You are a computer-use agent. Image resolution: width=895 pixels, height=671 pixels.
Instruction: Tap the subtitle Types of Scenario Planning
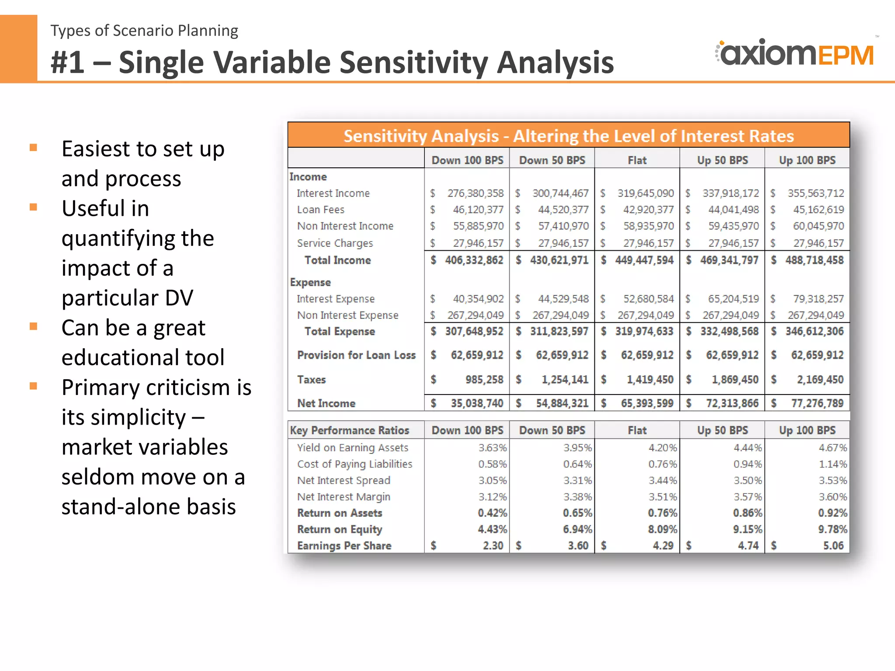coord(144,31)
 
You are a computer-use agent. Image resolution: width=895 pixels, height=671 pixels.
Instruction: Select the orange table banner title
coord(569,136)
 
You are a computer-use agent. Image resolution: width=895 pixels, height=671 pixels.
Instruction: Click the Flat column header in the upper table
coord(637,160)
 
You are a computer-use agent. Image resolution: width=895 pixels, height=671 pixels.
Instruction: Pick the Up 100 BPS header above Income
coord(807,160)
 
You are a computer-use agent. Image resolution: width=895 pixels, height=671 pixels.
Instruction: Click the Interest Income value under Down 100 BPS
coord(475,193)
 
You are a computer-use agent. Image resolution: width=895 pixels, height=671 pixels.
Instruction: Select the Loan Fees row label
coord(320,210)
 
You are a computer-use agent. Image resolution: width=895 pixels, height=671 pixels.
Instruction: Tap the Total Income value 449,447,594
coord(644,260)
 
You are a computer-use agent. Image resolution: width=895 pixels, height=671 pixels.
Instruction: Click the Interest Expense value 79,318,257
coord(818,299)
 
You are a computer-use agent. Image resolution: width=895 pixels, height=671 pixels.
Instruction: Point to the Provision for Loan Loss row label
coord(356,355)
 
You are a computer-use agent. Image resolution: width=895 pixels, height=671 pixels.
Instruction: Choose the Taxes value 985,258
coord(484,380)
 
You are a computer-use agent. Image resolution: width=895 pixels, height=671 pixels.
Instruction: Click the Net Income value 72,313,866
coord(732,403)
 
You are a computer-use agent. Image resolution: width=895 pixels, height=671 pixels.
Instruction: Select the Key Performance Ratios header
coord(350,430)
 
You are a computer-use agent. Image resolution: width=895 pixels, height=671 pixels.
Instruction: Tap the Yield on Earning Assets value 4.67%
coord(833,448)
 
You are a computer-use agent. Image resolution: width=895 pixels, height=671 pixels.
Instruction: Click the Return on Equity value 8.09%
coord(663,529)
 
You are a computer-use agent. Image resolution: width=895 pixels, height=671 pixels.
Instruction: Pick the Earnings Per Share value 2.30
coord(493,546)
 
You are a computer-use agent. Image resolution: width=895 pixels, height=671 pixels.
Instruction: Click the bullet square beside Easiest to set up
coord(33,148)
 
